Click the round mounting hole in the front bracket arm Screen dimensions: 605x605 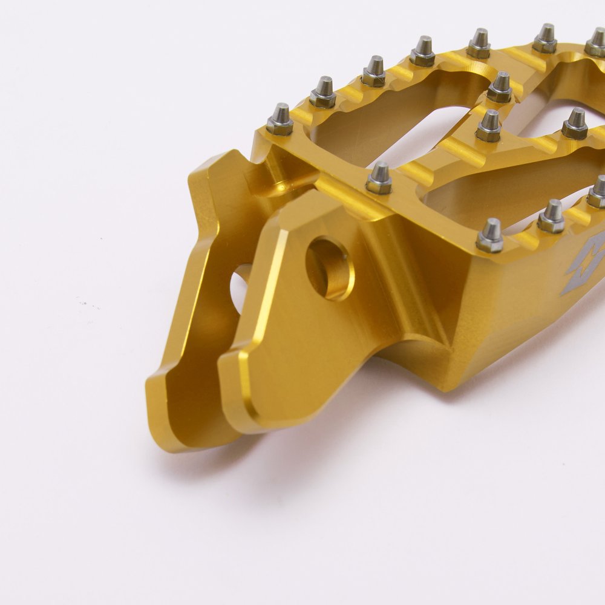point(330,268)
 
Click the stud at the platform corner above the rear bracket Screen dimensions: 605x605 point(280,120)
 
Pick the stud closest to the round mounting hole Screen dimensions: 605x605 point(379,178)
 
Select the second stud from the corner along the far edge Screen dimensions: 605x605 point(323,93)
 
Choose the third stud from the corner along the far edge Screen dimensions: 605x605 point(374,71)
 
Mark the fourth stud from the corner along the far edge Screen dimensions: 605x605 point(422,52)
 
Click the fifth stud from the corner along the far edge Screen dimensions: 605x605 point(479,44)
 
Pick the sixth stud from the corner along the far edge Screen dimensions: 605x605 point(544,38)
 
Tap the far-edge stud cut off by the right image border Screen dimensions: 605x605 point(596,42)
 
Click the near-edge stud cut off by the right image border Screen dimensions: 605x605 point(597,192)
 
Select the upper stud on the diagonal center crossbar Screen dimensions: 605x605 point(500,87)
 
